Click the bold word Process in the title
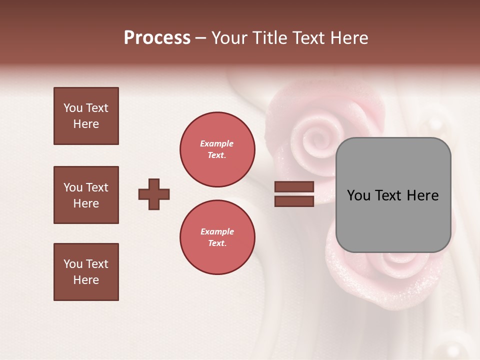point(157,38)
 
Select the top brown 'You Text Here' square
point(86,116)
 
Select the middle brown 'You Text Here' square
point(86,195)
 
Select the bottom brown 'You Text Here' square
point(86,272)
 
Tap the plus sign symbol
point(154,194)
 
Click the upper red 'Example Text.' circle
point(217,149)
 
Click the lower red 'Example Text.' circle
point(217,237)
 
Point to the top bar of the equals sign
point(294,187)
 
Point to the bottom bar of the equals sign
point(294,201)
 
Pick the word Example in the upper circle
point(217,143)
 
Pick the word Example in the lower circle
point(217,231)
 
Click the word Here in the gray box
point(423,195)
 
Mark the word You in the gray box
point(358,195)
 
